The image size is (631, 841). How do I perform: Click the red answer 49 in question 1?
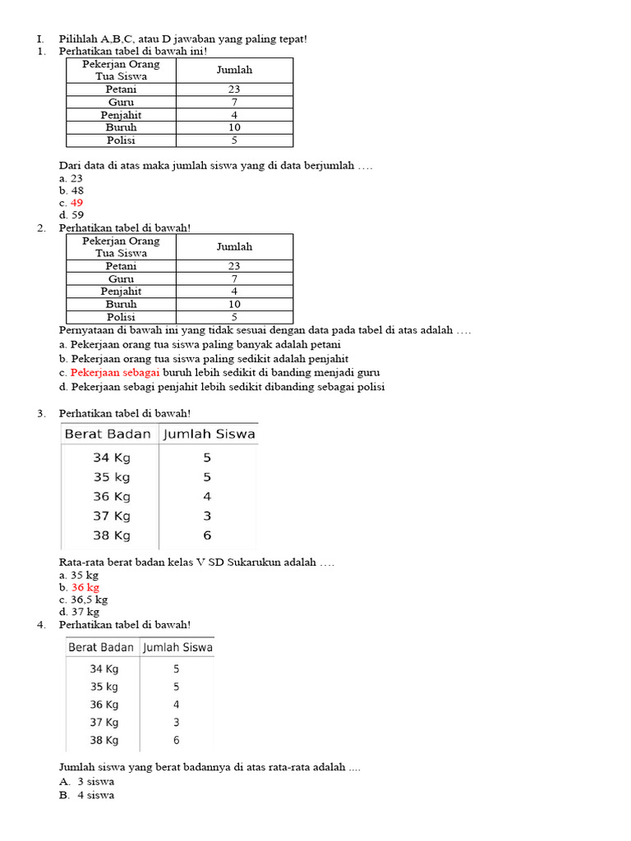76,203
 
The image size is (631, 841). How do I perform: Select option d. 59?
71,215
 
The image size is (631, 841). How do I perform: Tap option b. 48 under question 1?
71,191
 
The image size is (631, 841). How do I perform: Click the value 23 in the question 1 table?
234,90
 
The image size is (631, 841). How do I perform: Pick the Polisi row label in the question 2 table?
121,317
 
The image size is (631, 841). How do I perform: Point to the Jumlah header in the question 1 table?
234,70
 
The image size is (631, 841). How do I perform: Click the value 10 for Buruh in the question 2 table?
234,304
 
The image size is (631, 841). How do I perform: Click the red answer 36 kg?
85,587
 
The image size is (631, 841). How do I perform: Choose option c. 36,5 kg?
83,600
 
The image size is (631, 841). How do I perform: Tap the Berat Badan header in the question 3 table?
108,434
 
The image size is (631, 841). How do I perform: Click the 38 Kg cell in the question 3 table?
112,535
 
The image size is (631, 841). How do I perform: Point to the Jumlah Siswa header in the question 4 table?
177,647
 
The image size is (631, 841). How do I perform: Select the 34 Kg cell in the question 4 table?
104,669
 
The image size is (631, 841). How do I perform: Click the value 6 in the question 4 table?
176,740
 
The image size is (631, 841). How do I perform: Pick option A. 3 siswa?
86,782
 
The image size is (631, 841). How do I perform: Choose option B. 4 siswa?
86,795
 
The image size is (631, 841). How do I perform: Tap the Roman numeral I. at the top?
39,39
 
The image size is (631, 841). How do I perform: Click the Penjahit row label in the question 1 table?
121,115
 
